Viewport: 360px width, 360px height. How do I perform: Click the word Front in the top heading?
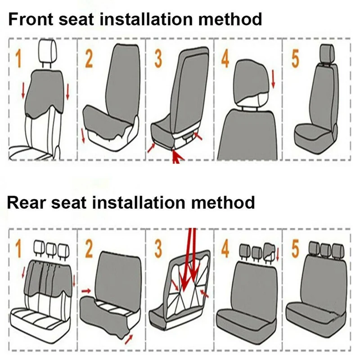pyautogui.click(x=31, y=19)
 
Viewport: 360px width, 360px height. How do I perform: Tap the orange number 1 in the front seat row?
pyautogui.click(x=18, y=59)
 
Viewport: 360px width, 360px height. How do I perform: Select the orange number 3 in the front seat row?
pyautogui.click(x=158, y=59)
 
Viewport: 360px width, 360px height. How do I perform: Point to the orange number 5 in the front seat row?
pyautogui.click(x=295, y=59)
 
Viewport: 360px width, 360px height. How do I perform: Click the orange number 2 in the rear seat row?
pyautogui.click(x=89, y=249)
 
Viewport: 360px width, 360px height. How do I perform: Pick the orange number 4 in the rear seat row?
pyautogui.click(x=225, y=249)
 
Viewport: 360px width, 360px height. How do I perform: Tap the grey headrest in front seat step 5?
pyautogui.click(x=327, y=53)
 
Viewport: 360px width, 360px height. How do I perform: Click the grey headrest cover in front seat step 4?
pyautogui.click(x=251, y=81)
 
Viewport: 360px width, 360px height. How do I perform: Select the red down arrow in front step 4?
pyautogui.click(x=273, y=80)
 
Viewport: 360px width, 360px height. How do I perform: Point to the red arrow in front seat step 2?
pyautogui.click(x=83, y=135)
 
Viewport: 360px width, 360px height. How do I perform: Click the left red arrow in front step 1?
pyautogui.click(x=23, y=91)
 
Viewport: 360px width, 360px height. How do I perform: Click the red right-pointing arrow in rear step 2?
pyautogui.click(x=86, y=291)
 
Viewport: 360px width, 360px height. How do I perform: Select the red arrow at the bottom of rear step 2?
pyautogui.click(x=129, y=340)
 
